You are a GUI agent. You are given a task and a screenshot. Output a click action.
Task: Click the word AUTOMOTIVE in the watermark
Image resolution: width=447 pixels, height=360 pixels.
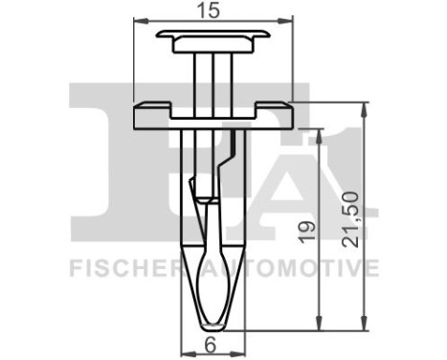[x=302, y=267]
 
